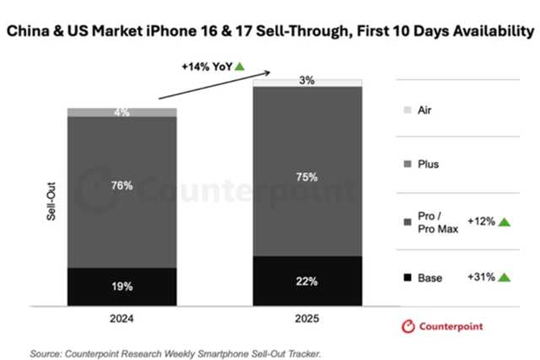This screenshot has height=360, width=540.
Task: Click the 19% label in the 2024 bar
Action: [121, 287]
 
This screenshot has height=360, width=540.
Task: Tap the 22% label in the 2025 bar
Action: [307, 282]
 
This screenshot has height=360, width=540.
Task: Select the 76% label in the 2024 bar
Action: [121, 185]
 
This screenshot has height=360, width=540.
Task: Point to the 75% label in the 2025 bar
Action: [307, 177]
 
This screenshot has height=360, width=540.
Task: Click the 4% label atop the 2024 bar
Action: [121, 112]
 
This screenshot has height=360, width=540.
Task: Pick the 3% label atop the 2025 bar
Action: [307, 81]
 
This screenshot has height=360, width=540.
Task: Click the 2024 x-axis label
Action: [121, 320]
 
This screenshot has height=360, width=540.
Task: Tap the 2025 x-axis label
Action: [307, 320]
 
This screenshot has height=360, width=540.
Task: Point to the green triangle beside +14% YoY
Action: [240, 66]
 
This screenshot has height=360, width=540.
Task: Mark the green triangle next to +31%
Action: [505, 277]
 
